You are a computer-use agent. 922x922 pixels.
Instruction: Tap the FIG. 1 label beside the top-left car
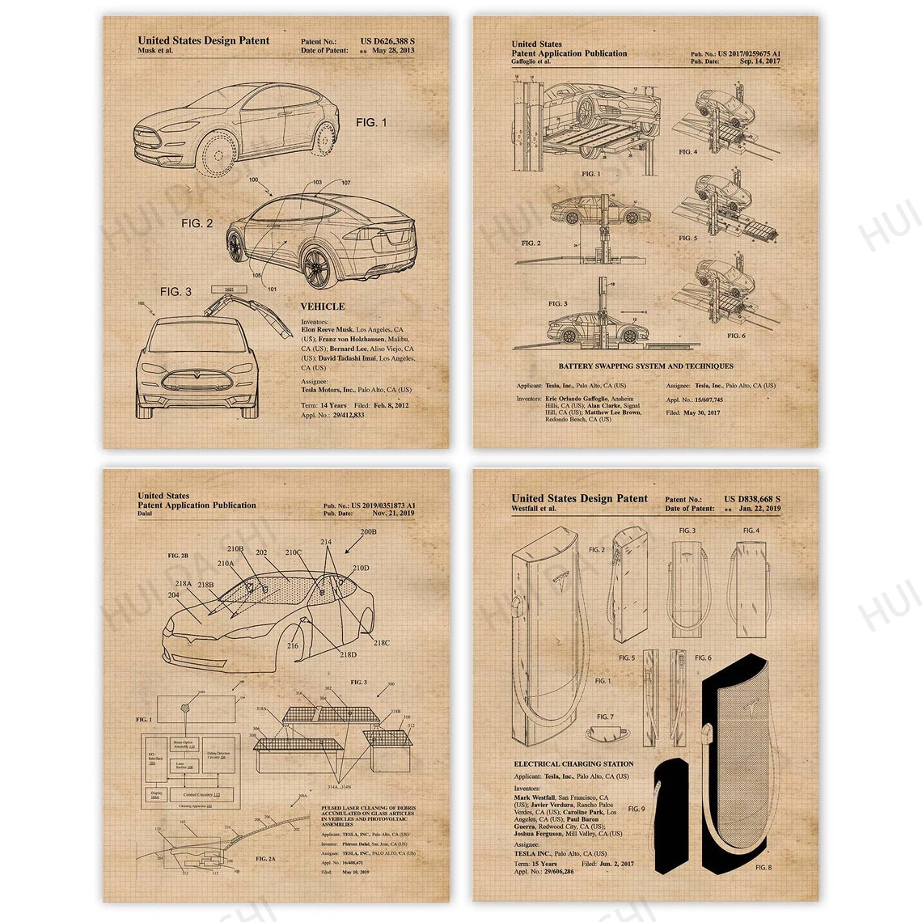pos(371,122)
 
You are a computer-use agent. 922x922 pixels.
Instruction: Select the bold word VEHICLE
pos(323,307)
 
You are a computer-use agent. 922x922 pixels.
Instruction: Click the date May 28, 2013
pos(392,50)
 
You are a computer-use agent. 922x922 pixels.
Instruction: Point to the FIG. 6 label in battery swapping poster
pos(735,335)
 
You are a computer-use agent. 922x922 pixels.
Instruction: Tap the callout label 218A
pos(184,583)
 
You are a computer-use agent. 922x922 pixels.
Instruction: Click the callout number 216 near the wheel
pos(292,645)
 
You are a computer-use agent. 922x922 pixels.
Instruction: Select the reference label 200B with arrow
pos(367,533)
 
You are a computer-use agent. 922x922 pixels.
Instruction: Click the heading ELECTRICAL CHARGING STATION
pos(573,763)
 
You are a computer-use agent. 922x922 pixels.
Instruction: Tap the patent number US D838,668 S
pos(752,499)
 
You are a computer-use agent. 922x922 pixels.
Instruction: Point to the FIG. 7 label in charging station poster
pos(605,717)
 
